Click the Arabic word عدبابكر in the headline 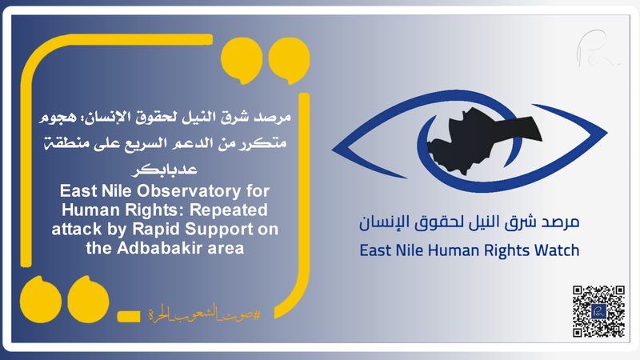[173, 170]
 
